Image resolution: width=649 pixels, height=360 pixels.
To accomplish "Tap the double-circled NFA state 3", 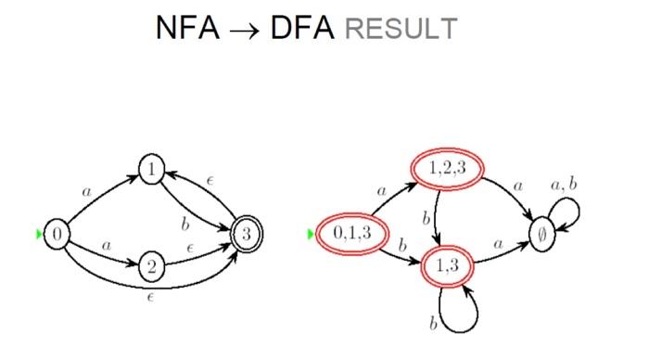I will point(245,235).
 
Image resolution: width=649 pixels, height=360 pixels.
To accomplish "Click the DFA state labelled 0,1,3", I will point(345,234).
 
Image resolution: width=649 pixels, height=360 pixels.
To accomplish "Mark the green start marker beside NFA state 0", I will point(40,235).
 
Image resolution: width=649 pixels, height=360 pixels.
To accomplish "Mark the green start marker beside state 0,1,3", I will point(311,234).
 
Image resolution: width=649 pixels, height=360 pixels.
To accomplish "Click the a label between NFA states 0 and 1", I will point(88,191).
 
